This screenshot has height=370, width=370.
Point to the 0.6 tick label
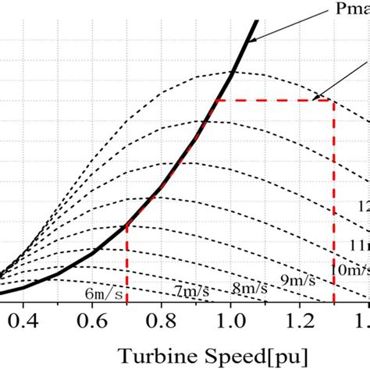point(92,319)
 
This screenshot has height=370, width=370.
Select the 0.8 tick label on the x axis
point(162,319)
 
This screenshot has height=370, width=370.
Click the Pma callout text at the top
point(349,12)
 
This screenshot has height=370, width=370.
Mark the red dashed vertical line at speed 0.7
point(126,265)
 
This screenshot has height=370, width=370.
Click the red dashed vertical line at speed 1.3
point(334,203)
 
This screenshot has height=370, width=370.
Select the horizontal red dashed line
point(273,101)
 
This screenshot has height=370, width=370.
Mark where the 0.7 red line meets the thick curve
point(126,226)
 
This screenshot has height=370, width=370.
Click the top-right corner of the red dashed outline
point(334,101)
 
